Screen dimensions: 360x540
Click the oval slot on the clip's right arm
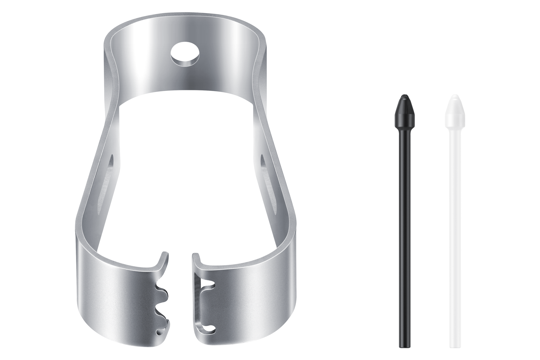(x=263, y=169)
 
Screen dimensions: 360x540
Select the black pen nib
(x=404, y=197)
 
